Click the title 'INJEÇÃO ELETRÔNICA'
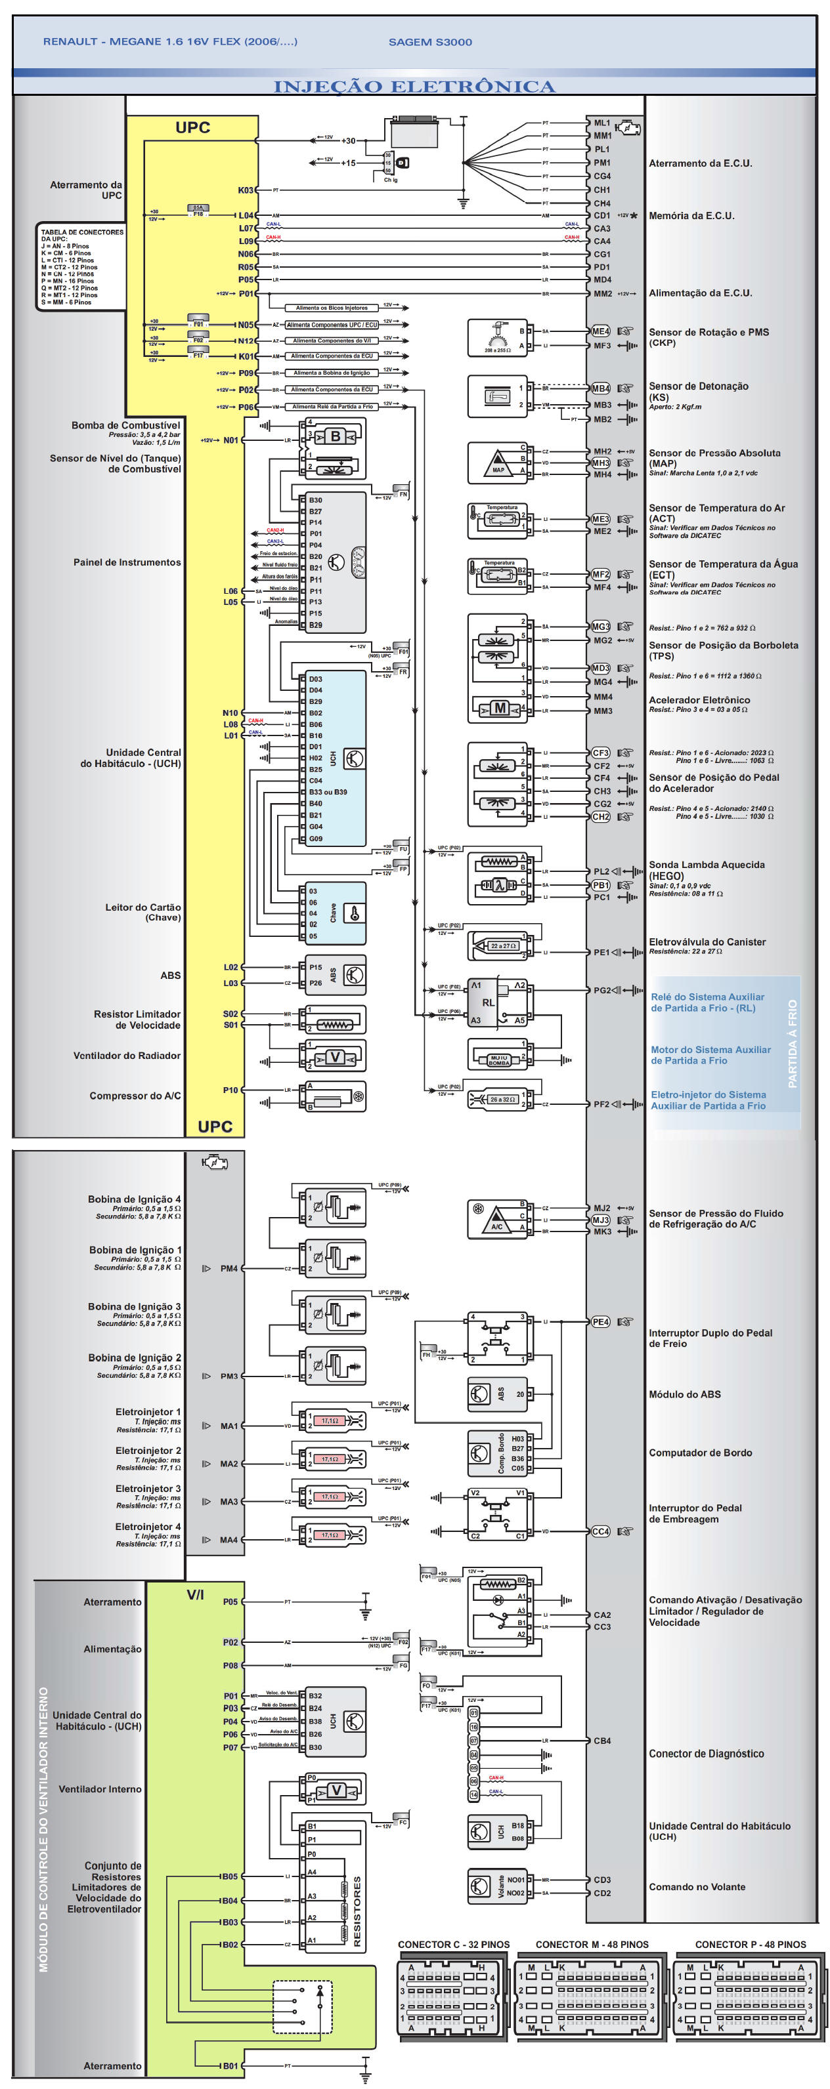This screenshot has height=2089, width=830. click(414, 87)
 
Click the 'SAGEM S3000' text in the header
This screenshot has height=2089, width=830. click(430, 42)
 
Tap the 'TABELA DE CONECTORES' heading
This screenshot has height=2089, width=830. click(82, 232)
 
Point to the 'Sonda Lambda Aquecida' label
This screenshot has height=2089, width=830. click(706, 865)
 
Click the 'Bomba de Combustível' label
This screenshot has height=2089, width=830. click(126, 425)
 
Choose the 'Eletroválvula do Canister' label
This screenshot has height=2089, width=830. click(707, 941)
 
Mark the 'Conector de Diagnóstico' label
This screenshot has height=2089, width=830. click(706, 1753)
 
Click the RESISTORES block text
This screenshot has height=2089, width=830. click(357, 1911)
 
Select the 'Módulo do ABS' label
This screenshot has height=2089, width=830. click(684, 1394)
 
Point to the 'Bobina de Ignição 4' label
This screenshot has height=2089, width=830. click(134, 1199)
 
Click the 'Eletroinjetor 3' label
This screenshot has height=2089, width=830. click(148, 1488)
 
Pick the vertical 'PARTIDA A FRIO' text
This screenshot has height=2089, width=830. click(793, 1043)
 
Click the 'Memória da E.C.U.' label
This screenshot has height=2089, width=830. click(691, 216)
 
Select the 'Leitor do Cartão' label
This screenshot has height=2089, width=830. click(142, 907)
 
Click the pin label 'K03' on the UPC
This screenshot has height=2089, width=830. click(245, 190)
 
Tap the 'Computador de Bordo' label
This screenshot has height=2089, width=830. click(699, 1453)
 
